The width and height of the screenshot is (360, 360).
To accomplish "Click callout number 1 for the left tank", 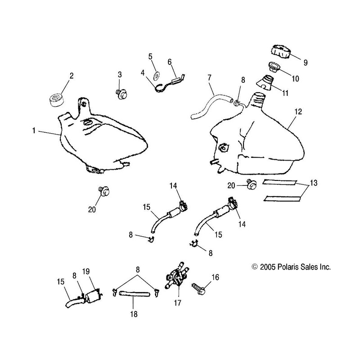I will pyautogui.click(x=34, y=131).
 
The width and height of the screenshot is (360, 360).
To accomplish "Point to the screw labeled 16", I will pyautogui.click(x=199, y=285).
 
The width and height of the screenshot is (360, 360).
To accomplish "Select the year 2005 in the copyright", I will pyautogui.click(x=268, y=267).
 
